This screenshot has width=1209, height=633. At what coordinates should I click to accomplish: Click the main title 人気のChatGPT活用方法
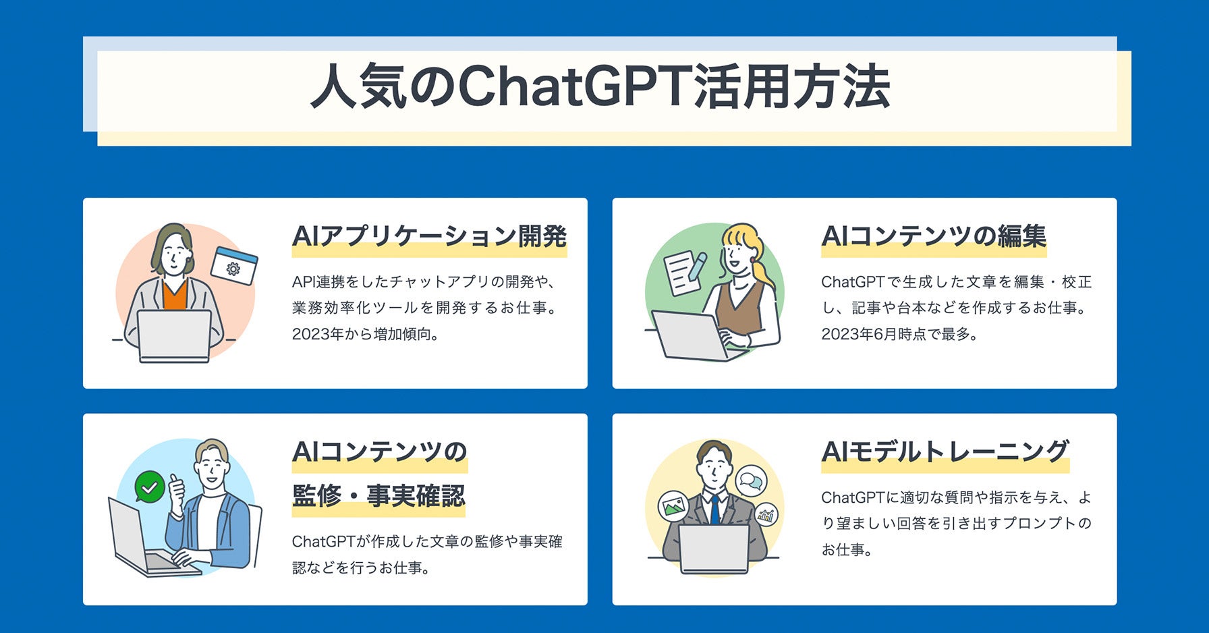pos(600,86)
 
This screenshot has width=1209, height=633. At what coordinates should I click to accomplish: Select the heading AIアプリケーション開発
pos(429,236)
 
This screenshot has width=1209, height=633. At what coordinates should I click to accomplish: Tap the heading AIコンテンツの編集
pos(934,236)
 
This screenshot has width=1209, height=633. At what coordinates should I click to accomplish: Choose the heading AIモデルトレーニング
pos(945,451)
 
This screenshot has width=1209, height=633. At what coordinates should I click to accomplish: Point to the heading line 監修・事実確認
pos(378,496)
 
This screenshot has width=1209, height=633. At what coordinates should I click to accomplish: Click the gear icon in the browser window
pos(233,269)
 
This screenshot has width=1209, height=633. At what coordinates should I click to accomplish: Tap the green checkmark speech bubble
pos(150,487)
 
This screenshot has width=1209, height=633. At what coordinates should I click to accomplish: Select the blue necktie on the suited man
pos(714,510)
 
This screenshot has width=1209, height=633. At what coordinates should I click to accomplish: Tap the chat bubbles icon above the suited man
pos(750,481)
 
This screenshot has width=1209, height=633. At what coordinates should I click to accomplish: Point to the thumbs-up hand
pos(177,493)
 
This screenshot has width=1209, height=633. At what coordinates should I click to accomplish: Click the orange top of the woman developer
pos(175,296)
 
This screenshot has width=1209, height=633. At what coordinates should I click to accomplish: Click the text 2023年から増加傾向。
pos(366,334)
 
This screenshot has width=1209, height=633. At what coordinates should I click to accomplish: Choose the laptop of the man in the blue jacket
pos(148,541)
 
